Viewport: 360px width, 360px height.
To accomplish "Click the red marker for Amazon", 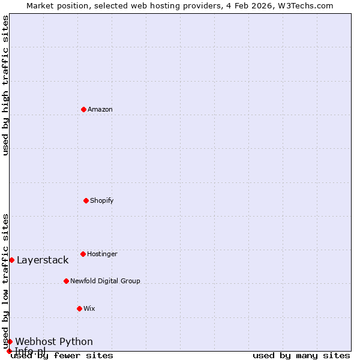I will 83,109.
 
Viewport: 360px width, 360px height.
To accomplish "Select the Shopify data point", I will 86,200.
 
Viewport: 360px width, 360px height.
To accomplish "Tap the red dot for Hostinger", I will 83,254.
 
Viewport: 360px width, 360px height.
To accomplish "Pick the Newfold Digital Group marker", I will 66,281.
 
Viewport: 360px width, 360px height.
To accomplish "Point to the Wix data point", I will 79,308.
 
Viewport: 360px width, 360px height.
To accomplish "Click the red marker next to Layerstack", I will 11,260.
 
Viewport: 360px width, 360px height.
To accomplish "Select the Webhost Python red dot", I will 10,341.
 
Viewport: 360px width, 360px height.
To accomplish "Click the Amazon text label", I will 100,109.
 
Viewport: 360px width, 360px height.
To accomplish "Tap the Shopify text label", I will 102,200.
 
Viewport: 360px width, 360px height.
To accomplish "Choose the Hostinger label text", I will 102,254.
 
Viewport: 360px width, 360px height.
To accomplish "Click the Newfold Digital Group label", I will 105,281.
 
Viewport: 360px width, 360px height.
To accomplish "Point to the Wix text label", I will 89,308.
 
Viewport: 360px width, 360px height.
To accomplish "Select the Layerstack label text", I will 43,260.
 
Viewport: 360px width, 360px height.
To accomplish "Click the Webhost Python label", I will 54,341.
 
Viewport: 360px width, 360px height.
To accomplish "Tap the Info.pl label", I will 30,350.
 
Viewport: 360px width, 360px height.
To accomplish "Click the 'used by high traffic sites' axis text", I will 6,85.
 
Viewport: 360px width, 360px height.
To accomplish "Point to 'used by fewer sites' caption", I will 62,356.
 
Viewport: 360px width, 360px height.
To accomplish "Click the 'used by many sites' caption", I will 301,356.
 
